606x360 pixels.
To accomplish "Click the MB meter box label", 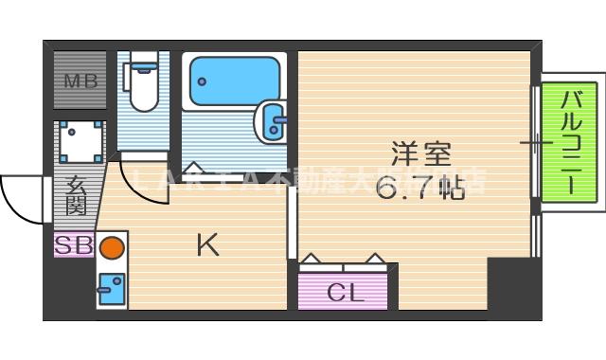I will point(80,81).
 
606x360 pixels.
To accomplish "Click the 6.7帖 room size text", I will point(419,189).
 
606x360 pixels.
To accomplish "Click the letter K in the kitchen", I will point(207,245).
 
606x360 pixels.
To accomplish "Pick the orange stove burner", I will point(112,248).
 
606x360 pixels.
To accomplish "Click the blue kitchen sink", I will point(112,286).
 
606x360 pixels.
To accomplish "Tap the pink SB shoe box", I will point(73,245).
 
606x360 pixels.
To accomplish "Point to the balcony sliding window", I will point(536,142).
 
